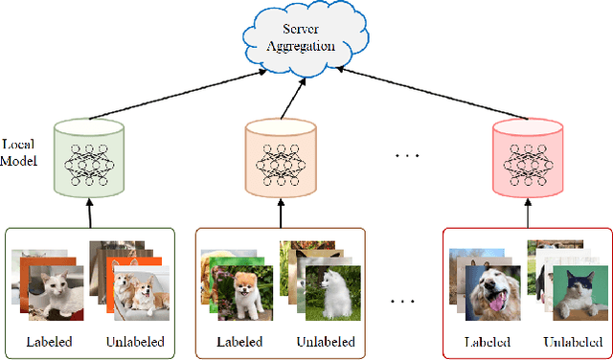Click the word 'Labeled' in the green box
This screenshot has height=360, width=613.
(x=49, y=342)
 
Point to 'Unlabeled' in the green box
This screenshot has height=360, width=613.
(x=133, y=342)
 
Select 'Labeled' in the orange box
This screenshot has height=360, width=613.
(x=238, y=342)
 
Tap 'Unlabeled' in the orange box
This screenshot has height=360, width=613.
(x=326, y=342)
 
